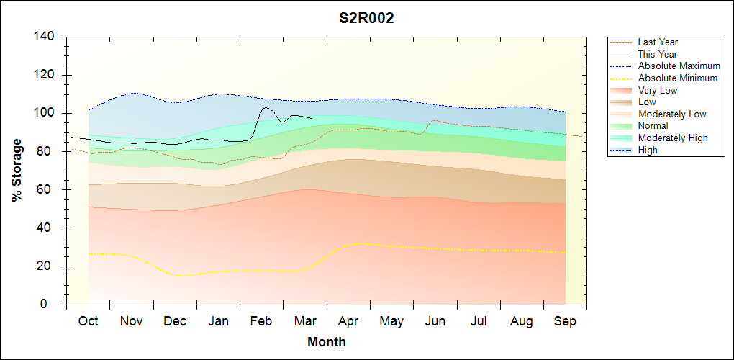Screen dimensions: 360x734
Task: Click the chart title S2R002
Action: coord(366,19)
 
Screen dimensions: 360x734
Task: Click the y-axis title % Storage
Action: coord(17,170)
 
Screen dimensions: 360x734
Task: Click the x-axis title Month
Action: coord(326,342)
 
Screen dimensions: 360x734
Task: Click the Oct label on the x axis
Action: coord(89,321)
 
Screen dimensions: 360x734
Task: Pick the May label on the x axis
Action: coord(391,321)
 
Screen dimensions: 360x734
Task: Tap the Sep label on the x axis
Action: coord(565,321)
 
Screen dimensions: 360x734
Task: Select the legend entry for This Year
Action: coord(657,54)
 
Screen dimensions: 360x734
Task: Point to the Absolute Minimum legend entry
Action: coord(677,78)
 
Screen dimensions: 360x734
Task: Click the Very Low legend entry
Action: coord(657,90)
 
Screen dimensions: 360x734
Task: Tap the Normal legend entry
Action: coord(653,126)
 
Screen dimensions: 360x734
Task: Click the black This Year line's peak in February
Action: coord(266,107)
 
